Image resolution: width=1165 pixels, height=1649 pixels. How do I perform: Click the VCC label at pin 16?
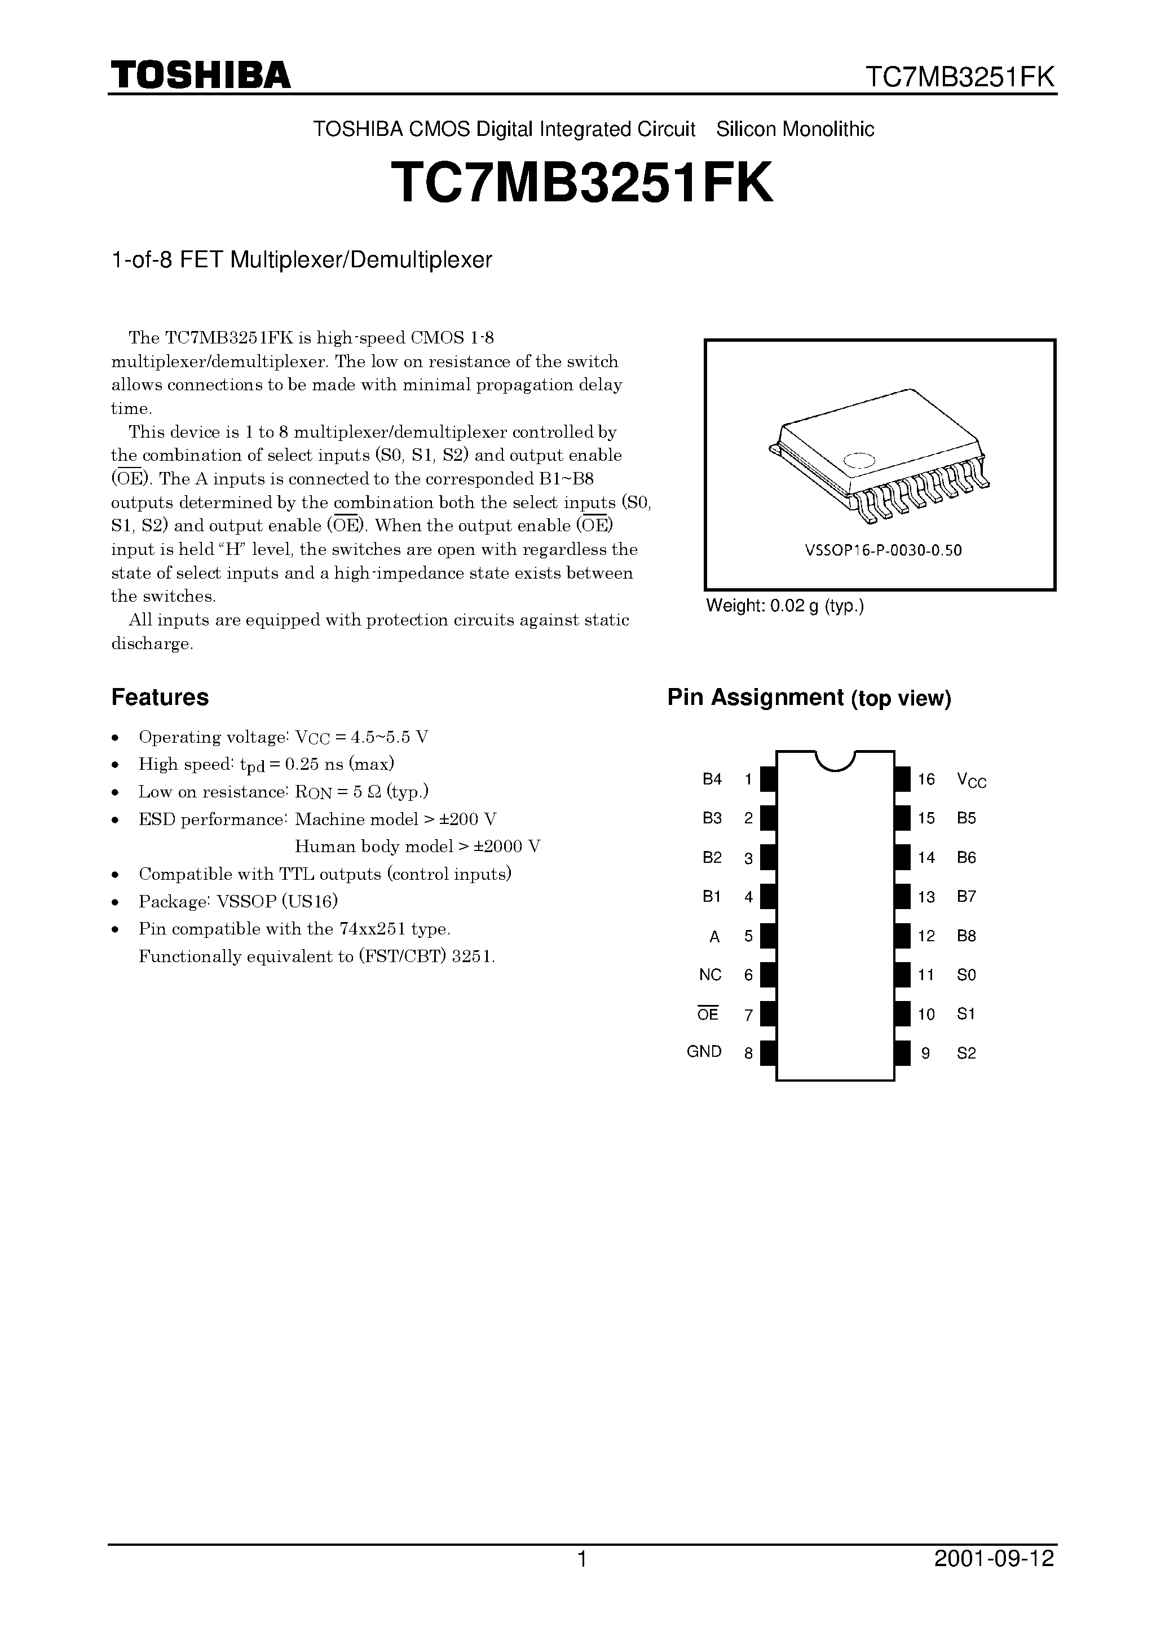point(971,780)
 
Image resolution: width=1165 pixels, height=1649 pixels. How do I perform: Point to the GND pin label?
point(704,1051)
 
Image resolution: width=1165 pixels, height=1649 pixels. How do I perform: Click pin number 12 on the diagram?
point(926,936)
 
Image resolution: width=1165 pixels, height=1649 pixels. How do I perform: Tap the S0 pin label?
point(966,975)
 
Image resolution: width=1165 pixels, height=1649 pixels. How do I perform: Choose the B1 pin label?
point(711,896)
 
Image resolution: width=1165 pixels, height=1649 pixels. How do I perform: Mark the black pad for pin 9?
point(902,1053)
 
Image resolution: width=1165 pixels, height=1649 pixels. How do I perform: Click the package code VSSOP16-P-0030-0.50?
point(882,551)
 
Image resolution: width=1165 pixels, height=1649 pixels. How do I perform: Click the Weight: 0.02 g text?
point(784,606)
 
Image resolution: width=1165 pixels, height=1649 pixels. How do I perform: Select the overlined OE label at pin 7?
point(708,1014)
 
